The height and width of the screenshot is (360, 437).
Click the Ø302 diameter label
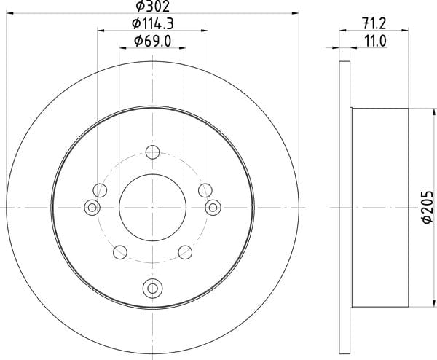[152, 6]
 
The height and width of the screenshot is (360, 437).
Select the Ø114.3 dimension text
[153, 24]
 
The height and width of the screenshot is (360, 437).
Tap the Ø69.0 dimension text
[152, 42]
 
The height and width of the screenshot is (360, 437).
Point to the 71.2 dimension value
[374, 23]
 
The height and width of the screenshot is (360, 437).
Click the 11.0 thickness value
[375, 42]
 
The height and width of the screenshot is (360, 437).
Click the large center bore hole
[152, 208]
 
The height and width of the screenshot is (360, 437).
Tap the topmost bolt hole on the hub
[153, 152]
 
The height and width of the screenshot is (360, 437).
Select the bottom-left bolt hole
[120, 252]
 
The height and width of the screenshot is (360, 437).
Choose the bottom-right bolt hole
[185, 252]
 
